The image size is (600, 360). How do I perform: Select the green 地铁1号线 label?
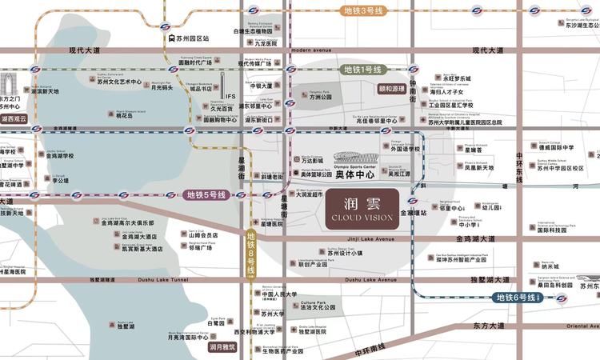pyautogui.click(x=363, y=70)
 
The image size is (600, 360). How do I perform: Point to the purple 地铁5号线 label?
pyautogui.click(x=206, y=194)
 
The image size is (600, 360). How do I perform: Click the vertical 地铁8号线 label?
pyautogui.click(x=250, y=254)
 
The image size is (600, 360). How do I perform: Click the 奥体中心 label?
pyautogui.click(x=354, y=174)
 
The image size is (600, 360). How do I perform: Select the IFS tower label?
pyautogui.click(x=231, y=98)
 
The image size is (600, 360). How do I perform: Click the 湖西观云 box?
pyautogui.click(x=14, y=118)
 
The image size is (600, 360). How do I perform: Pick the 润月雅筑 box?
pyautogui.click(x=222, y=347)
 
